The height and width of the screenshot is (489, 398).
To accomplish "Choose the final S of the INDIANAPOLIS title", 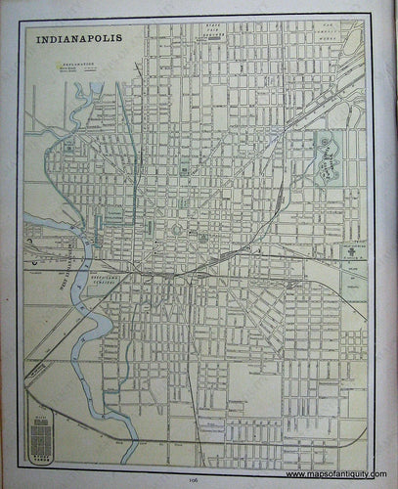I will tap(122, 42).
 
